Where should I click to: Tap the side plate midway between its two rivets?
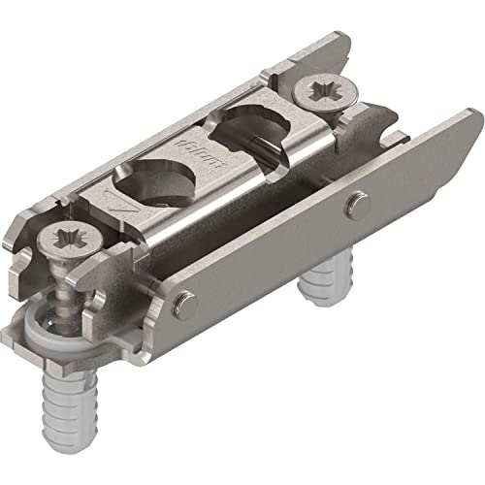(272, 257)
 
